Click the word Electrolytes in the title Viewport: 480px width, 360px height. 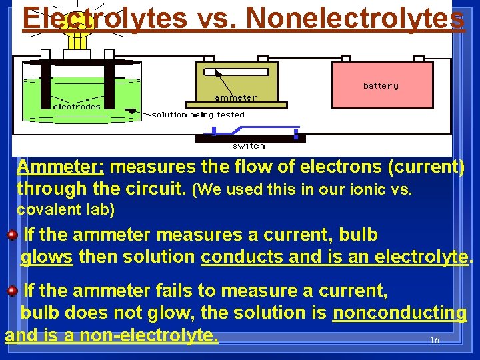click(104, 18)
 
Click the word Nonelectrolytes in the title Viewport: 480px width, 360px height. click(355, 18)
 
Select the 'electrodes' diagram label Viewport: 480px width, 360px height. click(76, 106)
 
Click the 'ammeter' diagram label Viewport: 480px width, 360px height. click(235, 97)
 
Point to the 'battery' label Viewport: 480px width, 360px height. click(381, 85)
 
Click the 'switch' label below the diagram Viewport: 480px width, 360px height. click(249, 145)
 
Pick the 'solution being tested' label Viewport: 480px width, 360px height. click(198, 115)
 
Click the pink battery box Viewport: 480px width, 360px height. click(382, 85)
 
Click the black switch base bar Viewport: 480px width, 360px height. click(250, 139)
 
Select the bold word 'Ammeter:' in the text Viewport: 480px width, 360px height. click(61, 167)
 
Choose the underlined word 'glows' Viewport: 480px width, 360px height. click(47, 257)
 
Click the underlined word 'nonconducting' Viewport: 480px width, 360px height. click(400, 313)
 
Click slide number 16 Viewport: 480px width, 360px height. click(435, 340)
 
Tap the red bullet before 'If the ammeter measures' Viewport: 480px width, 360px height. click(13, 235)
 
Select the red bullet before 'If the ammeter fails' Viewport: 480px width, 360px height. click(13, 291)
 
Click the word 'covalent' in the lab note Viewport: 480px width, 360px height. click(41, 210)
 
